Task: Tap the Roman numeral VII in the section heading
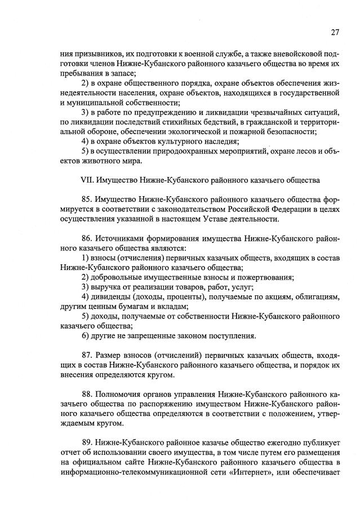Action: click(x=88, y=180)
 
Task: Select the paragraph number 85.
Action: click(x=87, y=200)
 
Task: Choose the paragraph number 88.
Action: click(x=87, y=394)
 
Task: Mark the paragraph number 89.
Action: click(x=87, y=442)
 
